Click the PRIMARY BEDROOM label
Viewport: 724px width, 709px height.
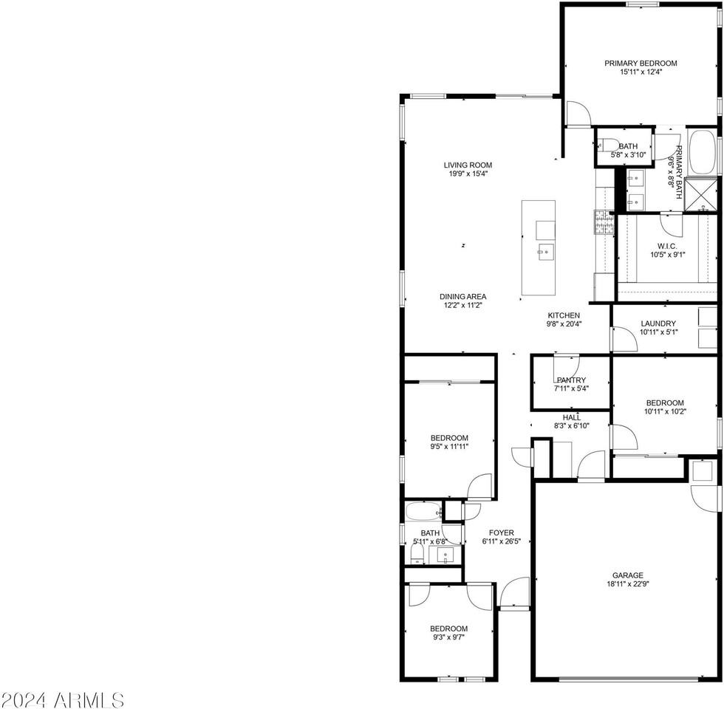pos(641,64)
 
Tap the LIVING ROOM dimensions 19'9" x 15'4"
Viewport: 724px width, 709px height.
pos(468,174)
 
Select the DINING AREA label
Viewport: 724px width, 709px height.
pos(463,297)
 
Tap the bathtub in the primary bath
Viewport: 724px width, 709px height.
pos(702,152)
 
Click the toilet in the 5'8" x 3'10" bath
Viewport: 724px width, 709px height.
pos(607,145)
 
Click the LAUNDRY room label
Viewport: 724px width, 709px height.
pos(658,323)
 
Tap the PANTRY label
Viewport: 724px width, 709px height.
pos(571,380)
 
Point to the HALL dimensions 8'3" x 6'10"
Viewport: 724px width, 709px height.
pos(571,426)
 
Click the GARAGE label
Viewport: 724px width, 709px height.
pos(627,575)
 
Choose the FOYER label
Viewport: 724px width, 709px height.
pos(501,532)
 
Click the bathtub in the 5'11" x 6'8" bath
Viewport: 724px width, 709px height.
pos(423,510)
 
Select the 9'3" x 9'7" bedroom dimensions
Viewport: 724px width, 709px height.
pos(449,637)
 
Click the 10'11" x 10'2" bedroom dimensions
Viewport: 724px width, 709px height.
pos(665,411)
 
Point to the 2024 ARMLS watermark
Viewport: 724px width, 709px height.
pos(62,699)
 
